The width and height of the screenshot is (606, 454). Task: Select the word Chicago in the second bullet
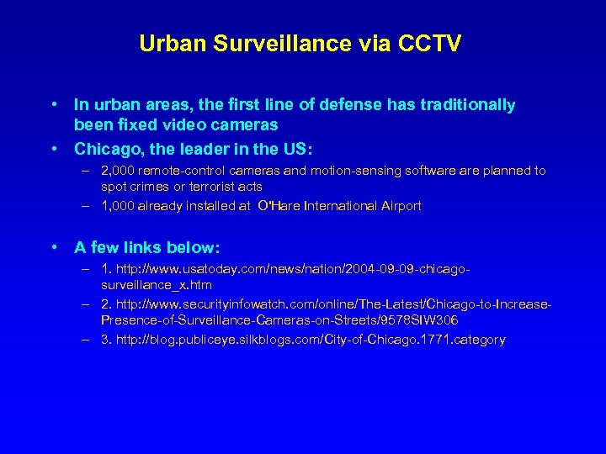[x=108, y=150]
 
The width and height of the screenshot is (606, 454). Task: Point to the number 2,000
[x=119, y=171]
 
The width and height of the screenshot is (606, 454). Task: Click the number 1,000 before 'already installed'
[x=119, y=206]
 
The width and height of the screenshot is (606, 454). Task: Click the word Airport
[x=397, y=206]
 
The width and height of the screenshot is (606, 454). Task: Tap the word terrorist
[x=210, y=186]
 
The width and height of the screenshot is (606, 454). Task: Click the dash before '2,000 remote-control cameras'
[x=87, y=171]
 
